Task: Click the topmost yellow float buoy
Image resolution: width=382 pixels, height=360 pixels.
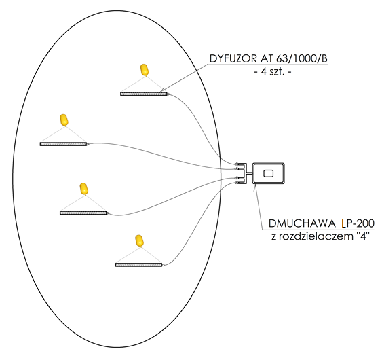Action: [x=145, y=70]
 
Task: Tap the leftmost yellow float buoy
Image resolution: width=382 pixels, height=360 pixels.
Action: [x=64, y=120]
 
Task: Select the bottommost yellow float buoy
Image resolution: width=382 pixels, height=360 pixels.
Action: [x=139, y=240]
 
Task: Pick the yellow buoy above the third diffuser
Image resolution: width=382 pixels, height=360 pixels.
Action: [x=84, y=189]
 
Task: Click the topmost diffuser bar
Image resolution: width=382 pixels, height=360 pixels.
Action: [x=144, y=94]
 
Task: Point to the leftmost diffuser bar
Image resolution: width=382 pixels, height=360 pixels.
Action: [x=63, y=144]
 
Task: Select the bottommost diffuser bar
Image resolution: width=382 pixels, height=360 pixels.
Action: [x=139, y=265]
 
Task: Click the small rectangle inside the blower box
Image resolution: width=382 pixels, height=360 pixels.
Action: [x=269, y=173]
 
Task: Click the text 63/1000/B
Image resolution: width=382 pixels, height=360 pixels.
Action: [x=302, y=59]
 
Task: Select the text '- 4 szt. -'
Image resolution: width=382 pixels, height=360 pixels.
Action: [x=273, y=72]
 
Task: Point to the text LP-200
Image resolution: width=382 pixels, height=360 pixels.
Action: [x=358, y=223]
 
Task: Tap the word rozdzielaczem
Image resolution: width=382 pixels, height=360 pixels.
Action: [x=316, y=236]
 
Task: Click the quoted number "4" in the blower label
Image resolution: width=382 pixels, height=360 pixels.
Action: [x=362, y=236]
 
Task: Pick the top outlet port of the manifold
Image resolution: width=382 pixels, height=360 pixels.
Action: [x=237, y=164]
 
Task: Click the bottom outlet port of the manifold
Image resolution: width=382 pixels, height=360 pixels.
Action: [x=237, y=183]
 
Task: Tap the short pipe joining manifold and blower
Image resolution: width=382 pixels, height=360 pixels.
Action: [x=250, y=173]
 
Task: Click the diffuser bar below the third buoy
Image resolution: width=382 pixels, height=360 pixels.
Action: [x=83, y=213]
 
